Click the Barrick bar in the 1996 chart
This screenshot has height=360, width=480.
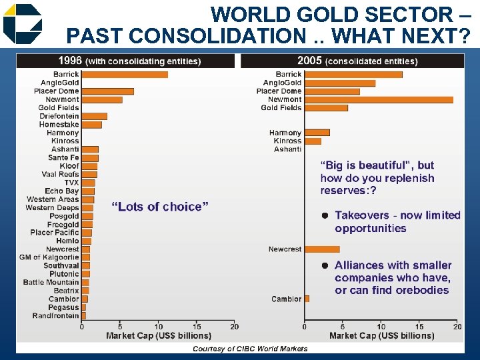[124, 74]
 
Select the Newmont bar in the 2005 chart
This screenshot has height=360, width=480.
[379, 99]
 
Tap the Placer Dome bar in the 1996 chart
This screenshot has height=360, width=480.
[107, 91]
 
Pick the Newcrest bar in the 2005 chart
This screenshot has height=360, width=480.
[322, 249]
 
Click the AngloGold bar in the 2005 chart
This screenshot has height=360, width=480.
[340, 83]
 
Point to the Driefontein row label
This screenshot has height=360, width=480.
[59, 116]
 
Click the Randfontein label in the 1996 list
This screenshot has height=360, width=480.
[55, 315]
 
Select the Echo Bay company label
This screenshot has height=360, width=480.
[62, 191]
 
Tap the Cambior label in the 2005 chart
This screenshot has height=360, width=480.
[287, 299]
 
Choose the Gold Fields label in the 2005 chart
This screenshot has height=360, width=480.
[281, 107]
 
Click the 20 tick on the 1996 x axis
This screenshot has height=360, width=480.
[235, 327]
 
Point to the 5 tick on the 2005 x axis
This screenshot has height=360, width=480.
[343, 327]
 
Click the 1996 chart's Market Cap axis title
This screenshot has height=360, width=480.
[159, 335]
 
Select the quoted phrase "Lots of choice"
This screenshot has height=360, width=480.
[159, 207]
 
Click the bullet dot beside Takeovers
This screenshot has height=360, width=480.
[325, 215]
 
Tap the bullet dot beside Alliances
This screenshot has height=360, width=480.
[325, 265]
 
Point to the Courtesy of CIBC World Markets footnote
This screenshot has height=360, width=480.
[250, 348]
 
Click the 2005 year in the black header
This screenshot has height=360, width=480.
[309, 61]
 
